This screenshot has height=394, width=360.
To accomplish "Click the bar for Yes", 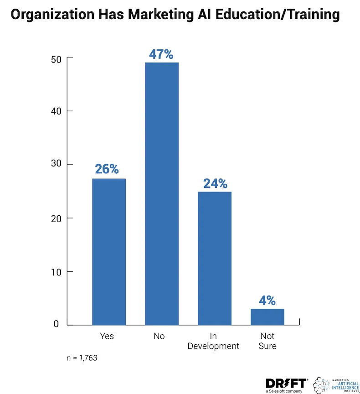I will [x=109, y=251].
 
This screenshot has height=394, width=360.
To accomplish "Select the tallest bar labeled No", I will [x=162, y=193].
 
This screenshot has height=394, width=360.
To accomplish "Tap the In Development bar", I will [x=215, y=258].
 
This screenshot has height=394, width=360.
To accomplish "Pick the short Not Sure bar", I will [x=267, y=317].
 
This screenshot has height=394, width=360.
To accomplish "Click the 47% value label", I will [x=161, y=54].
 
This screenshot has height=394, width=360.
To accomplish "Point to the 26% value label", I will [x=107, y=169].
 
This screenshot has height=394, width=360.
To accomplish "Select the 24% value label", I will [x=215, y=183].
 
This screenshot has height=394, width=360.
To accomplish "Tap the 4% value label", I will [x=267, y=301].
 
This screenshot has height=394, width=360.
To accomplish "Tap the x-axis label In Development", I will [x=213, y=341].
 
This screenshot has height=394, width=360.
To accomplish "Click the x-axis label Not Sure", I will [x=267, y=341].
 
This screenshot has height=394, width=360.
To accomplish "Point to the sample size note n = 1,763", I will [x=82, y=358].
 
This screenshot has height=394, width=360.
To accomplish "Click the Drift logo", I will [x=286, y=384].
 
